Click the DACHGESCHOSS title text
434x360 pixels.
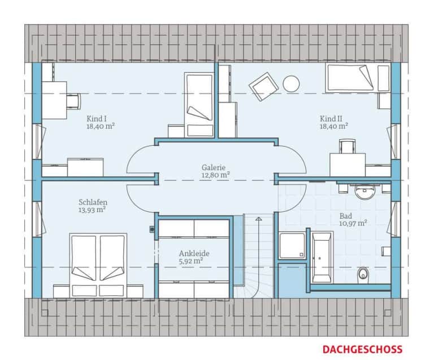[362, 349]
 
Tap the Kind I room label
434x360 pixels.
[101, 122]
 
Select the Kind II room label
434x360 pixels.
[334, 122]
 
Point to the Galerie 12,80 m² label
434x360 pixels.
[215, 171]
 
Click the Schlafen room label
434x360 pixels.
[93, 206]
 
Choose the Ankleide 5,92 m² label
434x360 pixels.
[194, 257]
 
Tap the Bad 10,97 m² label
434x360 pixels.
[353, 219]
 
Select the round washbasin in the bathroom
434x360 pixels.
[365, 192]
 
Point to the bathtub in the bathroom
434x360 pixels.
[322, 257]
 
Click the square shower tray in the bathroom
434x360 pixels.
[292, 245]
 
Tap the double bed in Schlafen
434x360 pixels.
[98, 266]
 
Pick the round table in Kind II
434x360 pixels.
[291, 84]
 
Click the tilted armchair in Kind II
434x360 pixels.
[263, 86]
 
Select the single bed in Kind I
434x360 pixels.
[199, 105]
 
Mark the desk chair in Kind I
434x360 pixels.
[73, 101]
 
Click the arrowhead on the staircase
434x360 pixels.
[258, 219]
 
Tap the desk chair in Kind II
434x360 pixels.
[348, 146]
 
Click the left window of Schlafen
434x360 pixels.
[38, 219]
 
